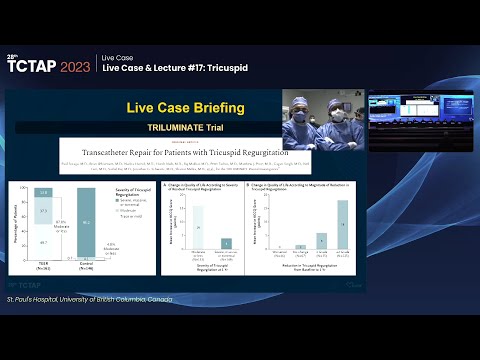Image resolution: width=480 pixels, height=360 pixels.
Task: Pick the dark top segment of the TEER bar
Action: point(44,191)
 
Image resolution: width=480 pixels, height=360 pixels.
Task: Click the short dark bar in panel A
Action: point(226,243)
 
